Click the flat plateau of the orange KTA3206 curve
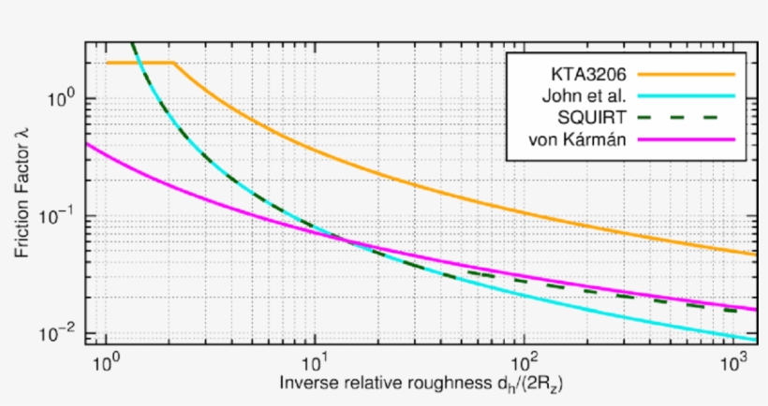[x=140, y=63]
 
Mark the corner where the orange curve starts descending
[x=175, y=63]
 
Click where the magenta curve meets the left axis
[x=85, y=144]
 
